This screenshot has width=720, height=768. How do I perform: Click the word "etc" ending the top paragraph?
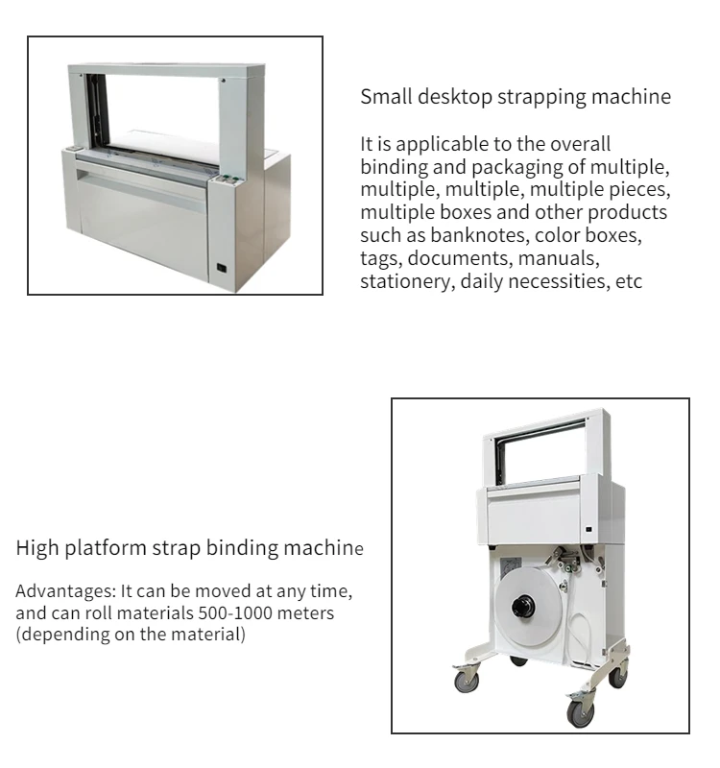tap(628, 281)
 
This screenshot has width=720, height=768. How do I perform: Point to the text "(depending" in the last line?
tap(59, 635)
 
